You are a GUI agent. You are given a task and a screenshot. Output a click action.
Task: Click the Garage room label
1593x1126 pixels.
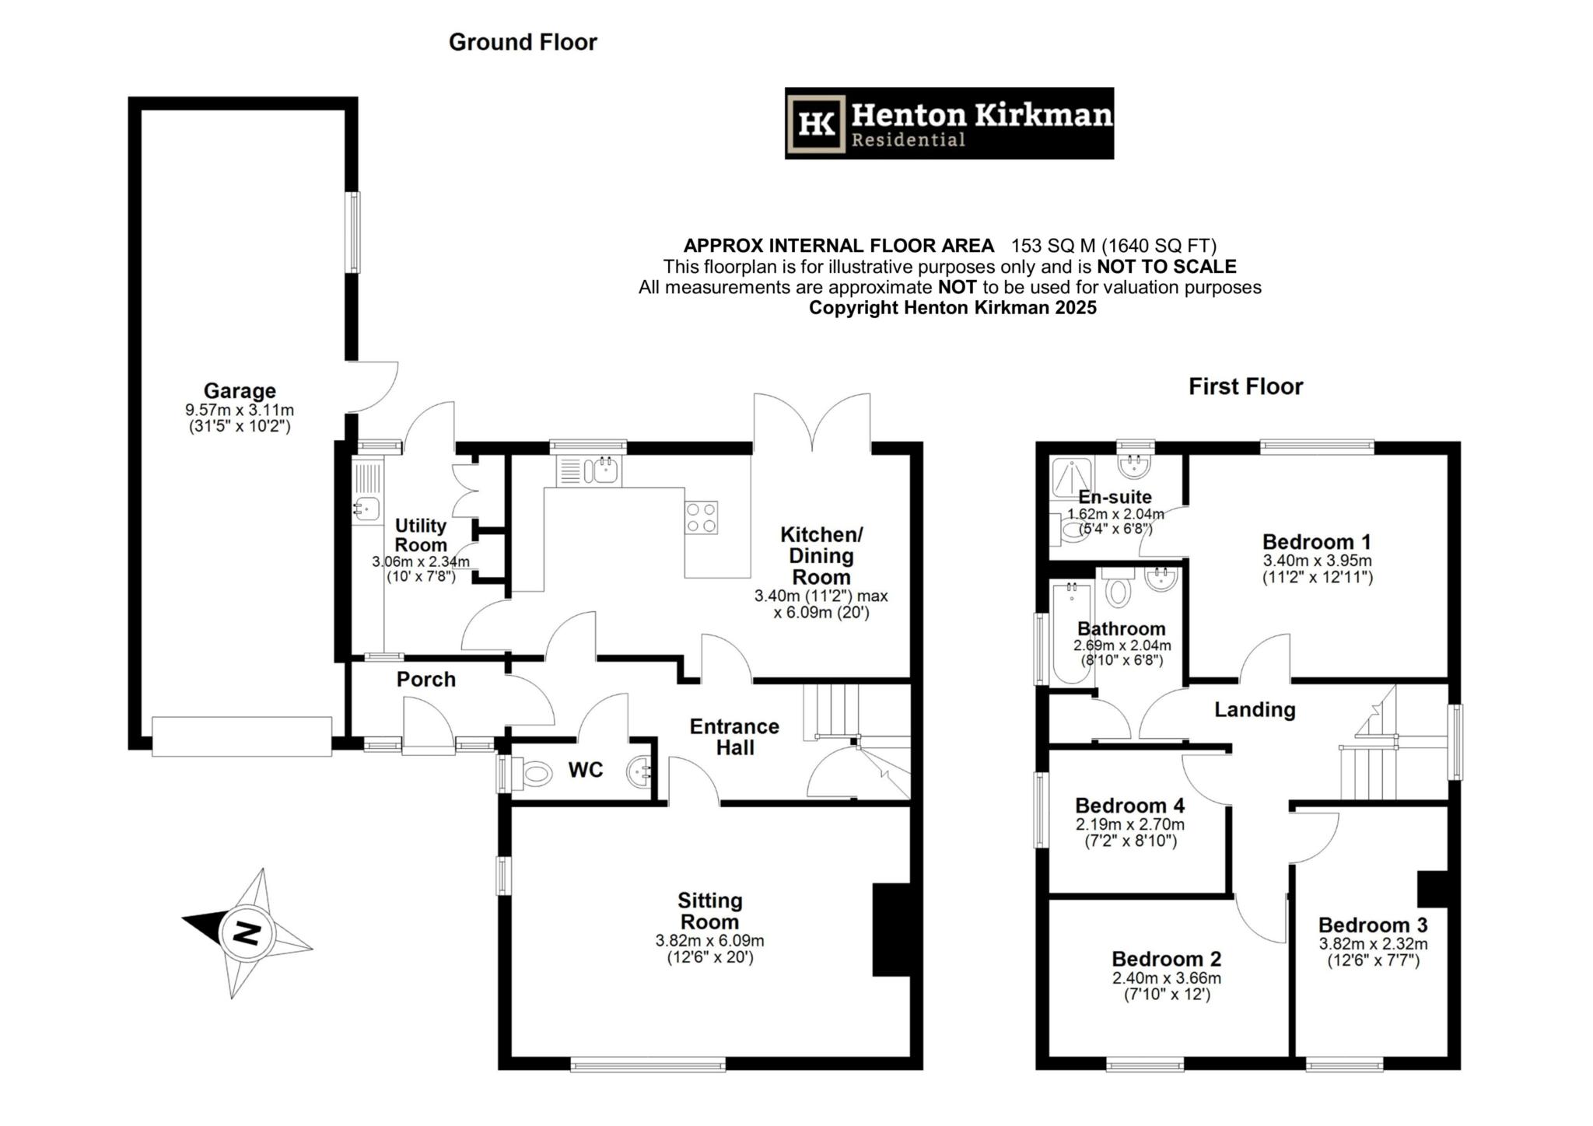(240, 390)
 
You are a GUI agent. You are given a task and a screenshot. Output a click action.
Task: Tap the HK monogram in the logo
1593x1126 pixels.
(817, 124)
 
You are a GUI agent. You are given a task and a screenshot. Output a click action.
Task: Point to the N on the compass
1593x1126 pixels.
(247, 932)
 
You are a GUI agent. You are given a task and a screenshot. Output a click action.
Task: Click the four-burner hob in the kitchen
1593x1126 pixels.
(701, 517)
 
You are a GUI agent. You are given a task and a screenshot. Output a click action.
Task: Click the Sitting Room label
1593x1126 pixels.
(709, 911)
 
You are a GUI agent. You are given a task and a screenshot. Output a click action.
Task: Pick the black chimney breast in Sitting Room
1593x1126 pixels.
(891, 928)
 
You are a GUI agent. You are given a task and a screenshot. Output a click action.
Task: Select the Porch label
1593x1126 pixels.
(426, 679)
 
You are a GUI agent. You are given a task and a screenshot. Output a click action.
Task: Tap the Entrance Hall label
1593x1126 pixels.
(734, 736)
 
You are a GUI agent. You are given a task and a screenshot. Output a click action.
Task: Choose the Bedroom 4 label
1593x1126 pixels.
(1130, 805)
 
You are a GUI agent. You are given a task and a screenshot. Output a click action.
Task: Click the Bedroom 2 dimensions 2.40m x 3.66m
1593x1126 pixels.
(1167, 978)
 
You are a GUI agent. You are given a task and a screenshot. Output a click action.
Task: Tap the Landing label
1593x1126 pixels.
(1255, 709)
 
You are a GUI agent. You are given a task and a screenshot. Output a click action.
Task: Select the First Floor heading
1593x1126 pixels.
(1245, 386)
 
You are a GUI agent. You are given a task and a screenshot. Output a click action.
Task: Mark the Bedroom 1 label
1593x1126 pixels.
(1317, 541)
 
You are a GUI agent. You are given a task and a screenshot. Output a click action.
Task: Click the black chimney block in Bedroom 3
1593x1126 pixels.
(1432, 889)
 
